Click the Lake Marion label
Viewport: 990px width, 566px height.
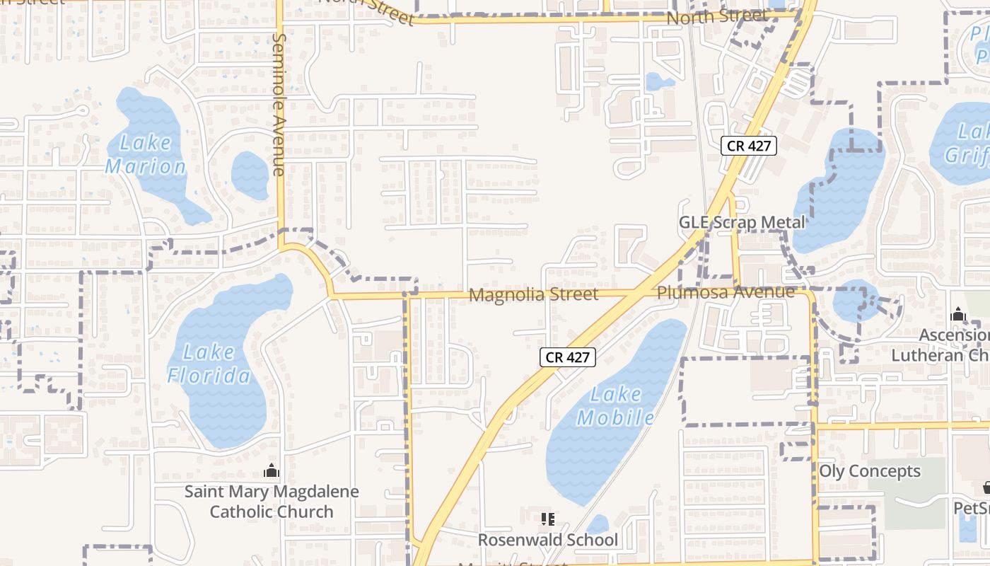[145, 155]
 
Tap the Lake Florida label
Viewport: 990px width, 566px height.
[209, 363]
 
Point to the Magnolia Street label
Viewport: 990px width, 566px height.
[533, 294]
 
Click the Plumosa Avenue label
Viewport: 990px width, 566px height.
[726, 292]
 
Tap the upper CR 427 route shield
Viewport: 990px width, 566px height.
[749, 146]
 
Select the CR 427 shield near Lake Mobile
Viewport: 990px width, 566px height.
[568, 357]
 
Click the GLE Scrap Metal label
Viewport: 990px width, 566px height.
[742, 222]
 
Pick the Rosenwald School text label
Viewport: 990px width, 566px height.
[547, 541]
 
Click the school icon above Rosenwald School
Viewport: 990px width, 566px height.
[547, 520]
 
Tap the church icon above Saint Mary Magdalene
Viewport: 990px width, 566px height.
[271, 470]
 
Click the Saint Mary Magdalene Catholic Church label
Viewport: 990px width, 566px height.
[272, 501]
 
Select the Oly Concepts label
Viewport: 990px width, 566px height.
[870, 471]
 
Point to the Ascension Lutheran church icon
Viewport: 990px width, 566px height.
[958, 314]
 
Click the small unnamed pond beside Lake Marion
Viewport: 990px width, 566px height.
[250, 175]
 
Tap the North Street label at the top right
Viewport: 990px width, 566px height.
[717, 16]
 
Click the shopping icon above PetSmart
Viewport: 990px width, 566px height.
[987, 487]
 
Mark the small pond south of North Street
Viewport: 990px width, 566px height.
[660, 81]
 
